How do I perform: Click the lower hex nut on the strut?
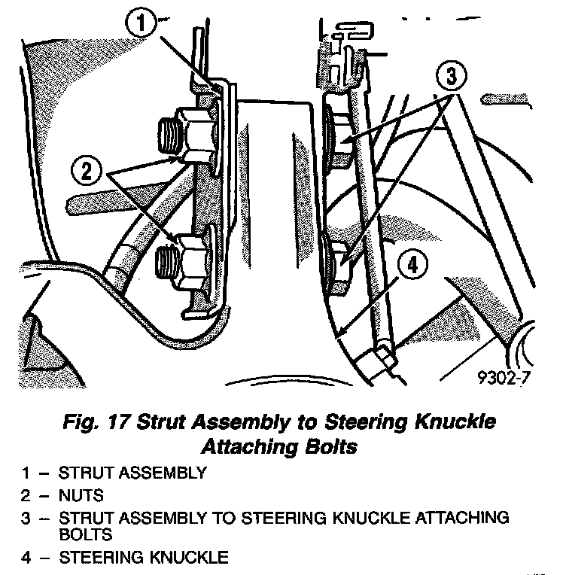click(190, 258)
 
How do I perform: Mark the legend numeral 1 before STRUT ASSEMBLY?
click(26, 473)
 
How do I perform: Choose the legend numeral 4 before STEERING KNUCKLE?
click(26, 558)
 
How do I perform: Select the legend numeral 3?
click(26, 519)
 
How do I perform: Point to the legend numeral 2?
click(26, 496)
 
